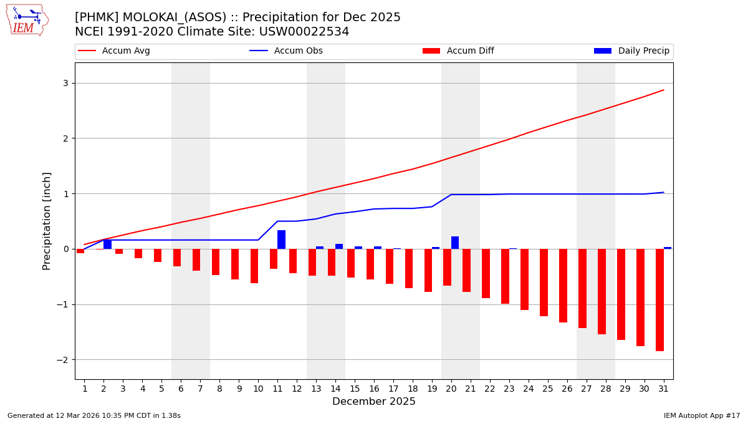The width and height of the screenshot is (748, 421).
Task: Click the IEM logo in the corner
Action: click(x=27, y=20)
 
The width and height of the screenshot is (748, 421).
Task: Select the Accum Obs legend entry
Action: click(x=286, y=51)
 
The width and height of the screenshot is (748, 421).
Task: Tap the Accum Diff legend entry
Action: click(x=458, y=51)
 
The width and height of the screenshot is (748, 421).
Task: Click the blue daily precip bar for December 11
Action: click(x=281, y=240)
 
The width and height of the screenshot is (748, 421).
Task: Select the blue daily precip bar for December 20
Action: click(x=455, y=243)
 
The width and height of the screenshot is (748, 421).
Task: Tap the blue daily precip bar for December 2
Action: click(x=107, y=244)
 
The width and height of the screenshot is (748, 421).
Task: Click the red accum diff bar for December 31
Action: click(x=659, y=300)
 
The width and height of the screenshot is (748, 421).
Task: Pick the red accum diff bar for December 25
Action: click(x=544, y=283)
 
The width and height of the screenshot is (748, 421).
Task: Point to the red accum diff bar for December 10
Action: click(x=254, y=266)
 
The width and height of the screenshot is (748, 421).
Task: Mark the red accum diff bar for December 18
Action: click(x=409, y=269)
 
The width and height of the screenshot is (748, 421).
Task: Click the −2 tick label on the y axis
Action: click(x=63, y=360)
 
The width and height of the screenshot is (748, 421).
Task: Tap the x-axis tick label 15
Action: click(x=355, y=389)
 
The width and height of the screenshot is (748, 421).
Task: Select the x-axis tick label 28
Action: click(x=605, y=389)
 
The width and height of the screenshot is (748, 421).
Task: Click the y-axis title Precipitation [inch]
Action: click(x=47, y=221)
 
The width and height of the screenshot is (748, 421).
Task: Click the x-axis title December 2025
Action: click(x=374, y=402)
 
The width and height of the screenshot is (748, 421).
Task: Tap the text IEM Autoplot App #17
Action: click(x=702, y=415)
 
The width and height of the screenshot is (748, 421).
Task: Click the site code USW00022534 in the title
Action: click(x=307, y=32)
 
